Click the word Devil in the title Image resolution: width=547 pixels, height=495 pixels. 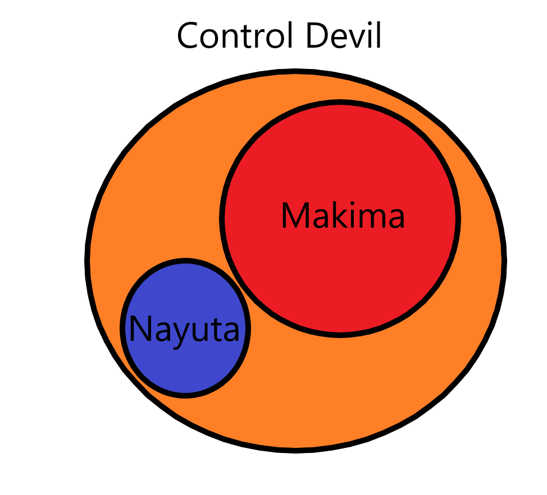(345, 36)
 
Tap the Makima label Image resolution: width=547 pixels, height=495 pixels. (343, 216)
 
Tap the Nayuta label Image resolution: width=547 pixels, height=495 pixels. (184, 330)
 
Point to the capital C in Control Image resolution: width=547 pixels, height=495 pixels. (188, 37)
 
